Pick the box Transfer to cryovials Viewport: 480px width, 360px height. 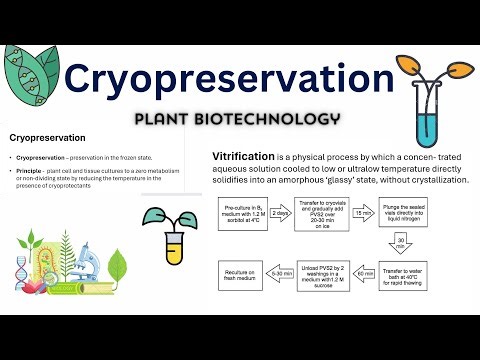pos(328,214)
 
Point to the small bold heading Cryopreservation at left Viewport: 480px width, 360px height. pos(46,136)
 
